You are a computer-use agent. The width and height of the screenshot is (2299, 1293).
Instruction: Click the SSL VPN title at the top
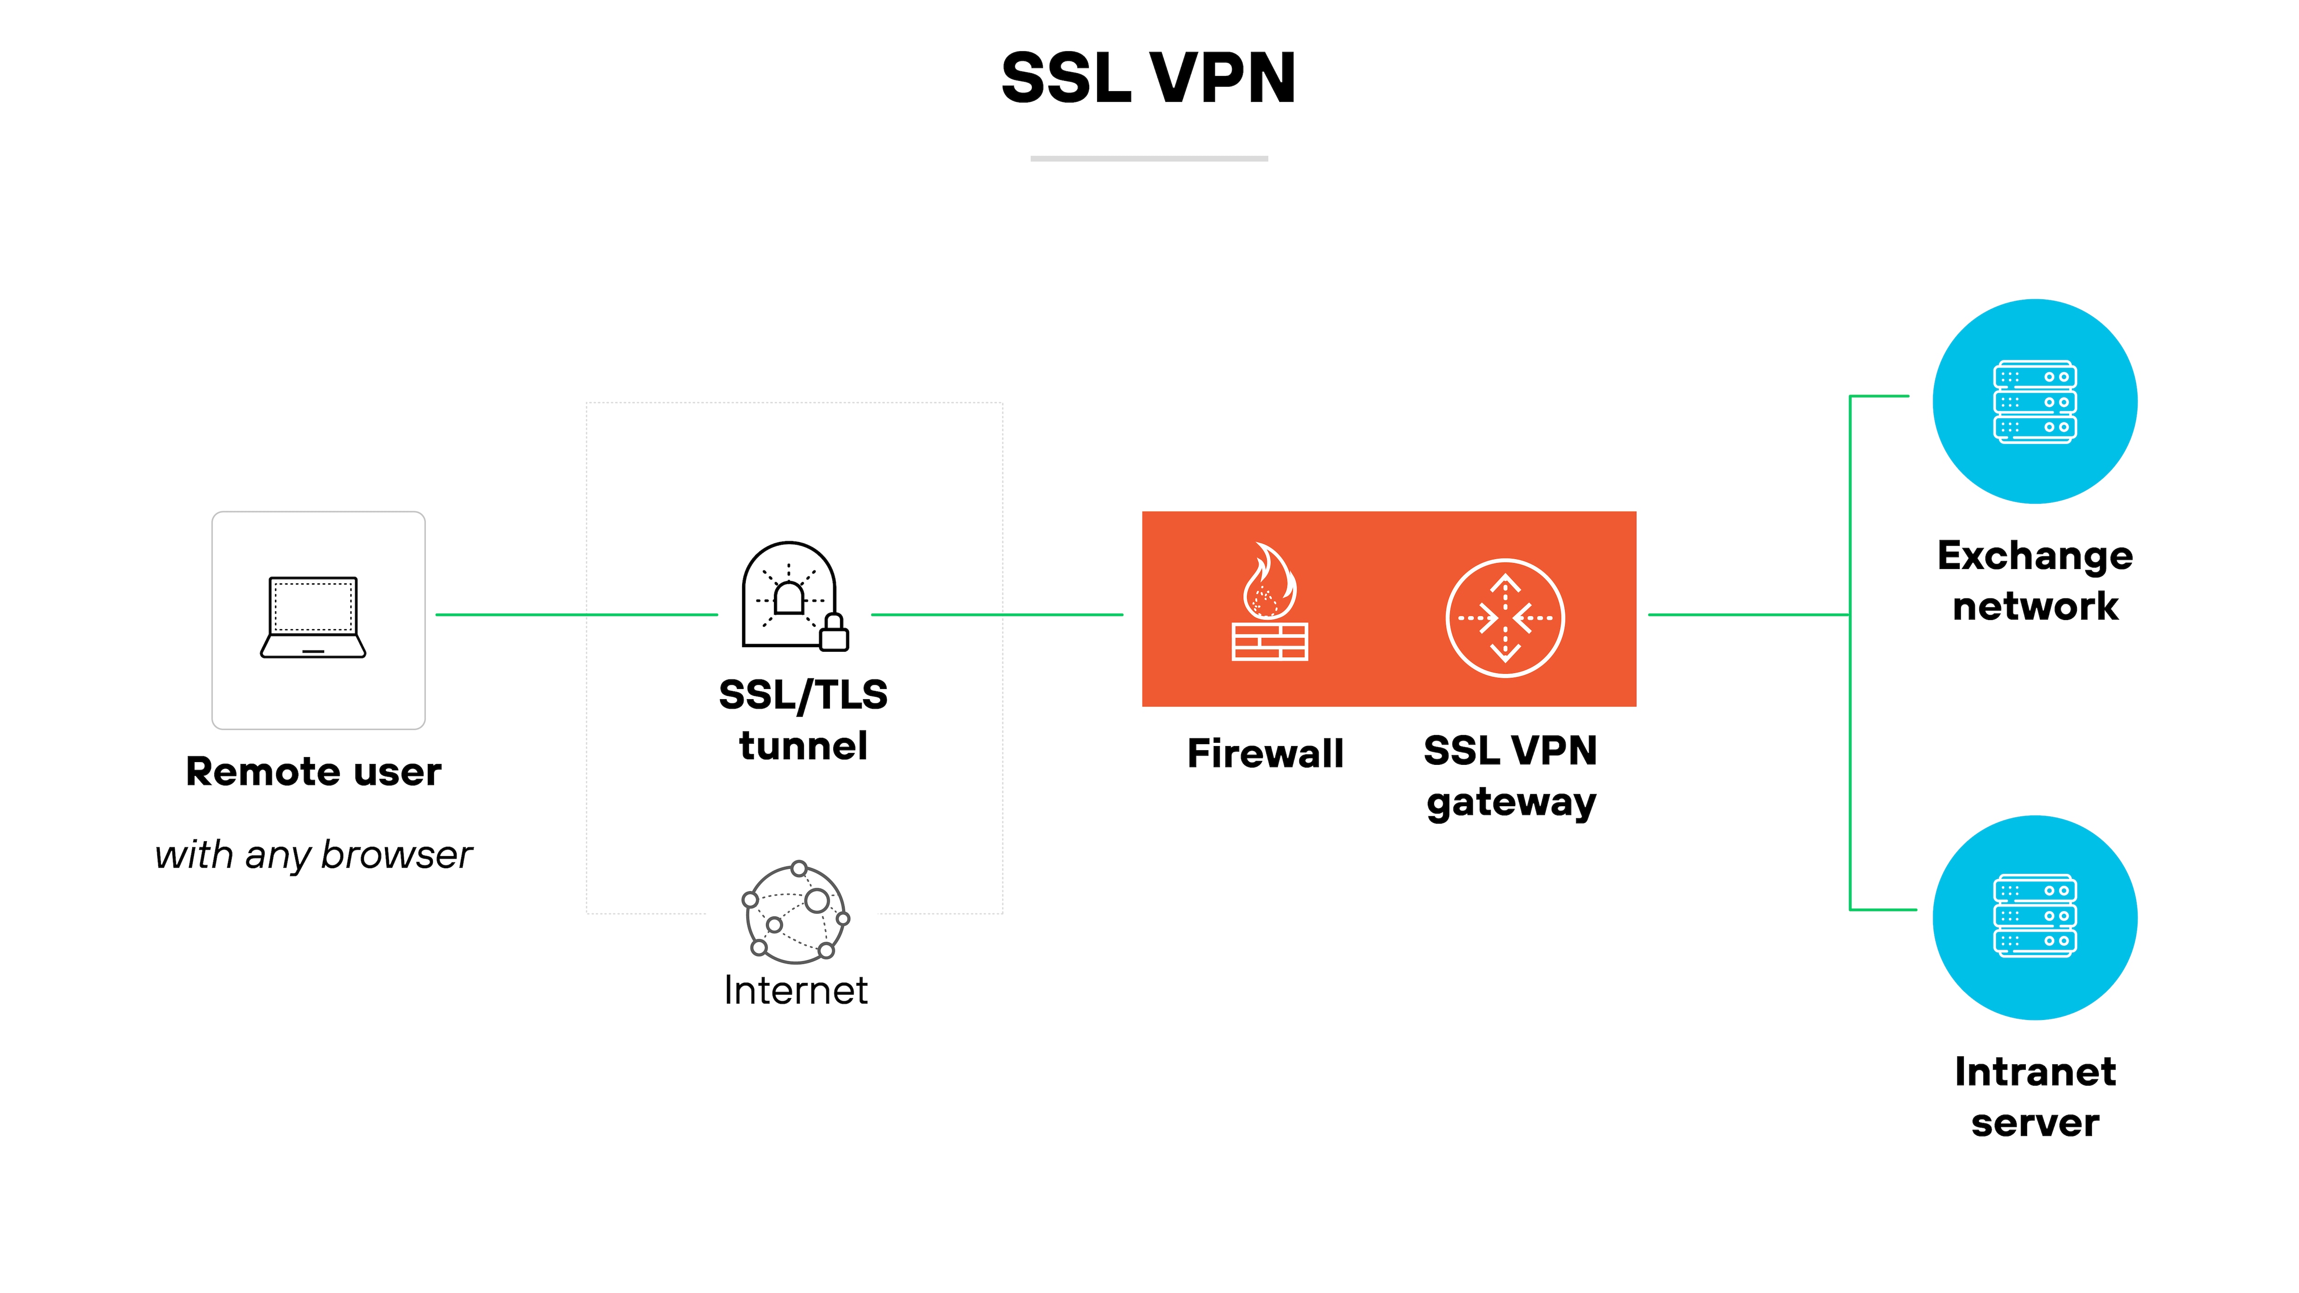tap(1149, 79)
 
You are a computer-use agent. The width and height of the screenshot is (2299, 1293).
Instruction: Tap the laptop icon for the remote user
tap(313, 617)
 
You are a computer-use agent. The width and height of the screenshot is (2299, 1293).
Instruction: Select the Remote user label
tap(313, 772)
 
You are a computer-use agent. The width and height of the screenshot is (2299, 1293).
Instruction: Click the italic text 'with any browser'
tap(313, 855)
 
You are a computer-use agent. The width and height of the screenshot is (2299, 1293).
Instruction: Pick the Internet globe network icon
tap(796, 912)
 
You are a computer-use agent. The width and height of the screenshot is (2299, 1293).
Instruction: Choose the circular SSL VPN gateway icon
tap(1505, 617)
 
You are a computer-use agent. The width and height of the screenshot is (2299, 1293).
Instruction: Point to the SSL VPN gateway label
tap(1510, 776)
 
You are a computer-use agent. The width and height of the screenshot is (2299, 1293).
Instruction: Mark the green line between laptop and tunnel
tap(576, 615)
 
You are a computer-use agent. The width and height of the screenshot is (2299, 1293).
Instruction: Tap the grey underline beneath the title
tap(1149, 159)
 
